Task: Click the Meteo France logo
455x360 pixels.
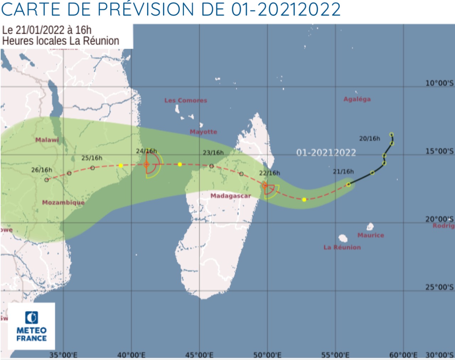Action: tap(31, 326)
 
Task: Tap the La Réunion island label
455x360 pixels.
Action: tap(342, 247)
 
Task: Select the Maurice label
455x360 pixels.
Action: tap(370, 235)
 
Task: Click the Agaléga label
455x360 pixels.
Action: tap(357, 99)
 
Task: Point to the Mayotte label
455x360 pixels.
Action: tap(203, 132)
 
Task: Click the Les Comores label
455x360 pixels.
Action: tap(186, 101)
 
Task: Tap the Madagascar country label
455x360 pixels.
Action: tap(230, 196)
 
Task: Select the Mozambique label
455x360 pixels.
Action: tap(63, 203)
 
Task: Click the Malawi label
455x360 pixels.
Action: tap(47, 140)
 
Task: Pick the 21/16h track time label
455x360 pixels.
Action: tap(343, 172)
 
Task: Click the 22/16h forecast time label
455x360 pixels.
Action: tap(269, 173)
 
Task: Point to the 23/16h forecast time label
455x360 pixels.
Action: tap(213, 153)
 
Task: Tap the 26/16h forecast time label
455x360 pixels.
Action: tap(42, 170)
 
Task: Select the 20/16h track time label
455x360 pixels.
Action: tap(369, 139)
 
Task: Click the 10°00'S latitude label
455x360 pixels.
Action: tap(439, 83)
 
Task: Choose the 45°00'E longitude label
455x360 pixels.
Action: tap(199, 355)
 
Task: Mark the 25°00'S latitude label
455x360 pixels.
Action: tap(439, 287)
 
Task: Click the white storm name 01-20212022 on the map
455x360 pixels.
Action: tap(326, 153)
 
